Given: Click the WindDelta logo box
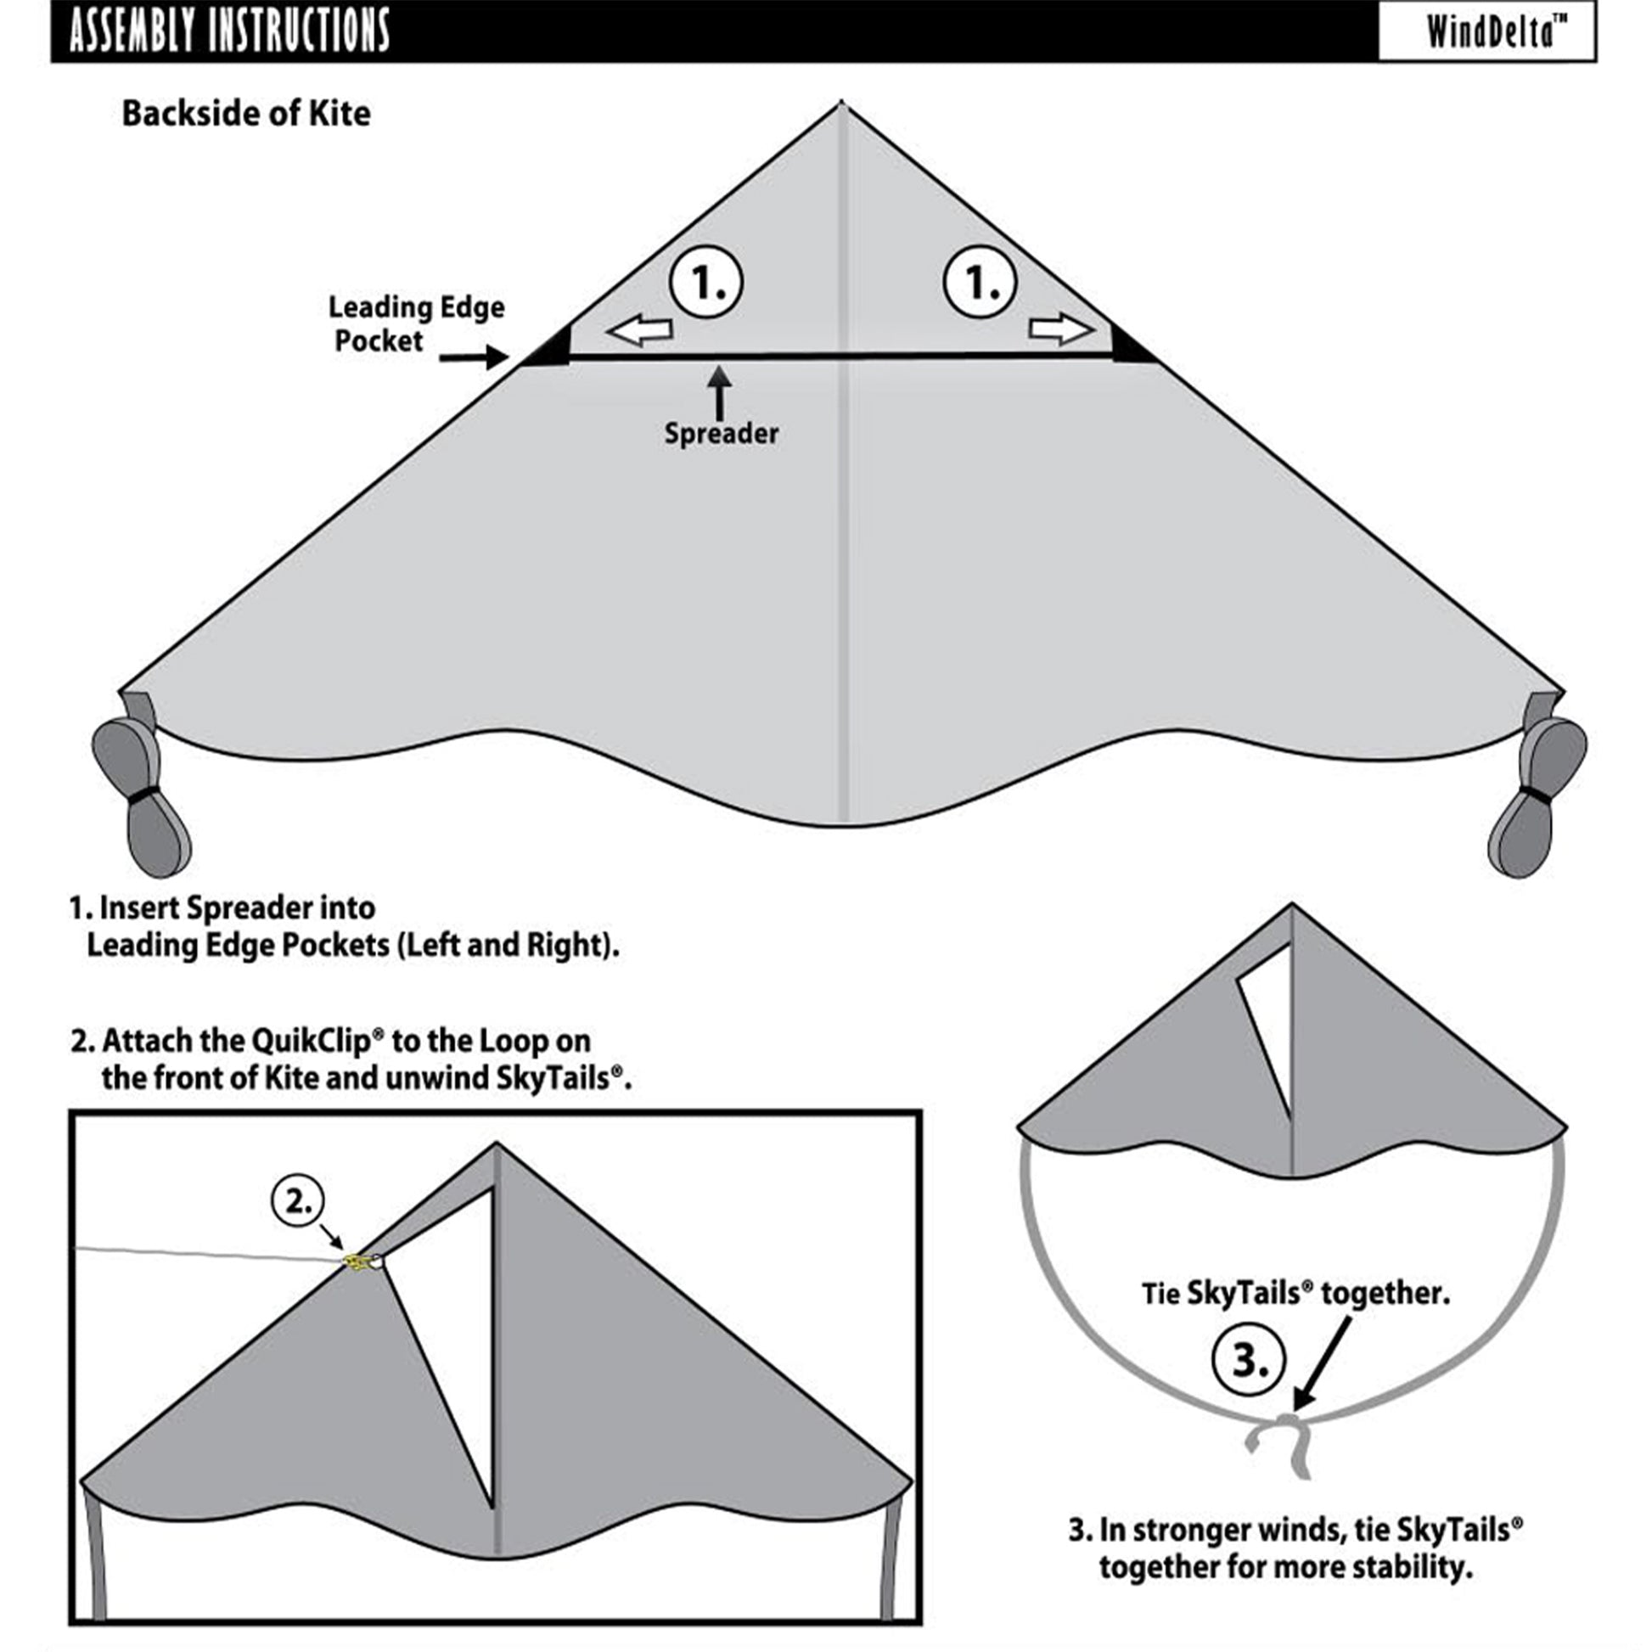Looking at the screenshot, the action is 1487,31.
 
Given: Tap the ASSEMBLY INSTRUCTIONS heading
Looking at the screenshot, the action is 229,31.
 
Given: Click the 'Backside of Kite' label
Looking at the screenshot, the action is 246,114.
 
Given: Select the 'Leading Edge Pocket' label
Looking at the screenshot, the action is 417,324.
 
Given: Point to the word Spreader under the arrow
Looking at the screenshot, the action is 721,434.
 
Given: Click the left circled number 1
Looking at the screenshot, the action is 706,282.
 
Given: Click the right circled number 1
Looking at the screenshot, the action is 980,282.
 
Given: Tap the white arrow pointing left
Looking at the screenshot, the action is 638,330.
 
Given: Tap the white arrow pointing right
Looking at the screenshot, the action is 1061,329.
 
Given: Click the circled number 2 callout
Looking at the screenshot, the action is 299,1201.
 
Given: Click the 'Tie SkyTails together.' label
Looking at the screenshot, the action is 1295,1293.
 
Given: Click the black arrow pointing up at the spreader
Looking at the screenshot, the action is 721,391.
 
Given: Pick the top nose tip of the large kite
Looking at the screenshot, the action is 842,102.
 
